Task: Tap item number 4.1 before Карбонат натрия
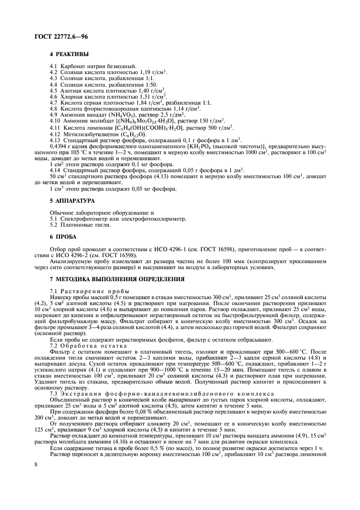point(53,66)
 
